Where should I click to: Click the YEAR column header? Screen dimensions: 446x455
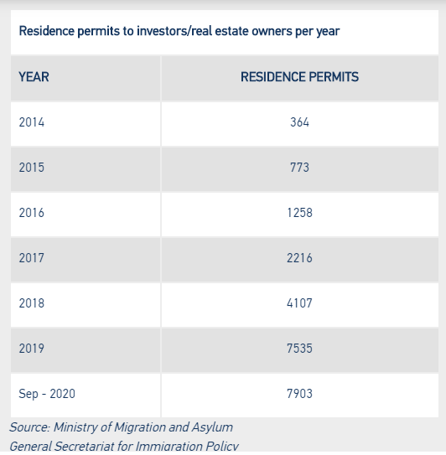(x=34, y=77)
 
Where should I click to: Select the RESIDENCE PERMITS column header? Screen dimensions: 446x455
(x=299, y=77)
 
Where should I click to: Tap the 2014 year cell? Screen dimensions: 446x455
(x=32, y=122)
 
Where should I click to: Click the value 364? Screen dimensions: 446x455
(x=299, y=122)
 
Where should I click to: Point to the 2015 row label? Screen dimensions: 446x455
(x=32, y=168)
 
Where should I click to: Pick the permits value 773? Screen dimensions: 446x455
(x=299, y=168)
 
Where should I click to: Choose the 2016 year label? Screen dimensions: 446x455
(x=32, y=213)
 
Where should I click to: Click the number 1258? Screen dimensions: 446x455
(x=299, y=213)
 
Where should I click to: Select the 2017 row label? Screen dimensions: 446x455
(x=32, y=258)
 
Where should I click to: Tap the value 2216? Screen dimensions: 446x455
(x=299, y=258)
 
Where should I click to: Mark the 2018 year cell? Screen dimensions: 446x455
(x=32, y=303)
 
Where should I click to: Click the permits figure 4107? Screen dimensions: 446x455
(x=299, y=303)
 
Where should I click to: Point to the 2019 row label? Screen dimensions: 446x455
(x=32, y=349)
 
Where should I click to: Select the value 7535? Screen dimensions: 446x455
(x=299, y=349)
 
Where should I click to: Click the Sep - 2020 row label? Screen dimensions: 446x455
(x=47, y=394)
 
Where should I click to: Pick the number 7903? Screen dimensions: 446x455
(x=299, y=394)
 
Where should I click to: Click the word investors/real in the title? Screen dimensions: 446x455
(x=174, y=31)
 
